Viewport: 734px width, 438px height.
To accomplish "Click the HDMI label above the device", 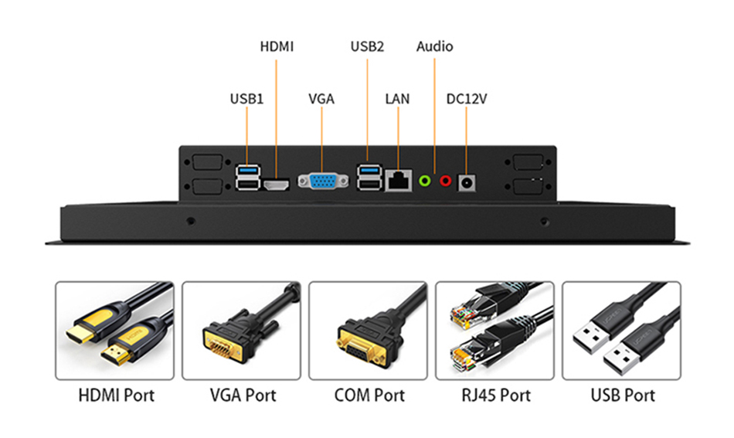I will [277, 46].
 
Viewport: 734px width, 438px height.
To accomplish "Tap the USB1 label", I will [246, 99].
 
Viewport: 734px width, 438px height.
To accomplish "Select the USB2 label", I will [367, 46].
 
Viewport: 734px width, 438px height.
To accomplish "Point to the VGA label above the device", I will [321, 99].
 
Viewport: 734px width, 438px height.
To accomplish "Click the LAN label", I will [397, 99].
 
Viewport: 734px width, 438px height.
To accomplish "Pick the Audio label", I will [434, 46].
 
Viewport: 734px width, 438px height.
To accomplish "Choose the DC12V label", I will [467, 99].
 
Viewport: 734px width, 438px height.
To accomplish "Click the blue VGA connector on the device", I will [322, 182].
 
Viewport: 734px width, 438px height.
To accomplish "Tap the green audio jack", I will [423, 181].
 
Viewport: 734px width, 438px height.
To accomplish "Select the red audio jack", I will [445, 181].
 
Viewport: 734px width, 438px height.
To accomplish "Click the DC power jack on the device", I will [467, 182].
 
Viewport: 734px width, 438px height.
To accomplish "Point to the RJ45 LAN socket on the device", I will [398, 181].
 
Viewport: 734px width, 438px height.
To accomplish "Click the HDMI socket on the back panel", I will [277, 185].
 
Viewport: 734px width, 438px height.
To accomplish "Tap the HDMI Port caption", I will [116, 396].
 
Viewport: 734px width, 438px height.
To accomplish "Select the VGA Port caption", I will [243, 396].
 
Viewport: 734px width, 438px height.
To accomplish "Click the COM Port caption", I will [369, 396].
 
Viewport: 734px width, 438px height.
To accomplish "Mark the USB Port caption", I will [623, 396].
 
